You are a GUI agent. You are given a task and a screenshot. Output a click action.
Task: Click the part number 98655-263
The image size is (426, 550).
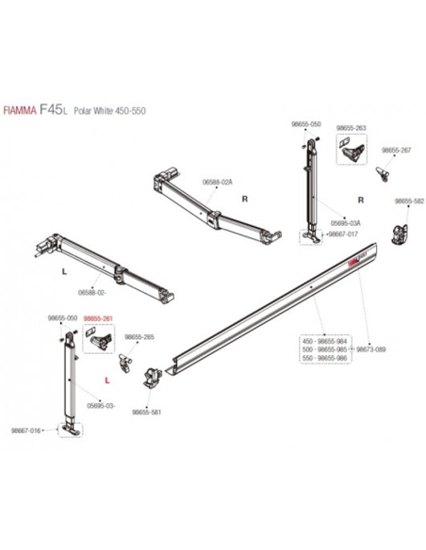pyautogui.click(x=351, y=127)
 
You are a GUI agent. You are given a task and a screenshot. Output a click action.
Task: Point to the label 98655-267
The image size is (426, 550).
pyautogui.click(x=396, y=150)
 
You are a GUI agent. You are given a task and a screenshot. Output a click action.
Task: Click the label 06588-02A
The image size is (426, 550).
pyautogui.click(x=215, y=185)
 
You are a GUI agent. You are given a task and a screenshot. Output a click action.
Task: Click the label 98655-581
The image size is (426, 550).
pyautogui.click(x=148, y=412)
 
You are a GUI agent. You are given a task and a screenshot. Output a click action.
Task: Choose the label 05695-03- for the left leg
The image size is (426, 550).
pyautogui.click(x=101, y=405)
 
